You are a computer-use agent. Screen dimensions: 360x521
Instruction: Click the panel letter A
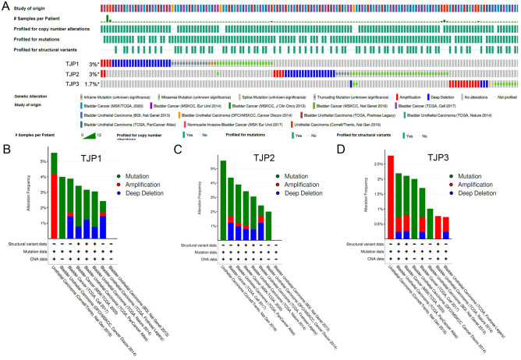pos(5,5)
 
